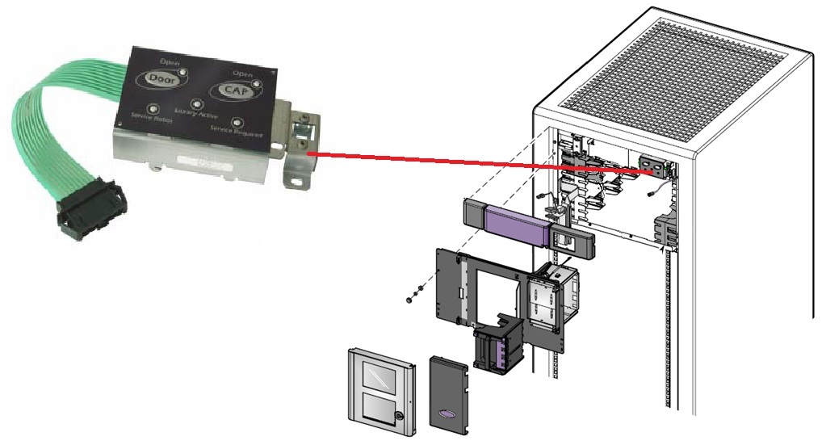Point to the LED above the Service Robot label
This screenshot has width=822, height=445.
153,107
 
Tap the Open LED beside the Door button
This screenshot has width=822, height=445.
184,71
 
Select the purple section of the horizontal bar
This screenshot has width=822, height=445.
517,220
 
